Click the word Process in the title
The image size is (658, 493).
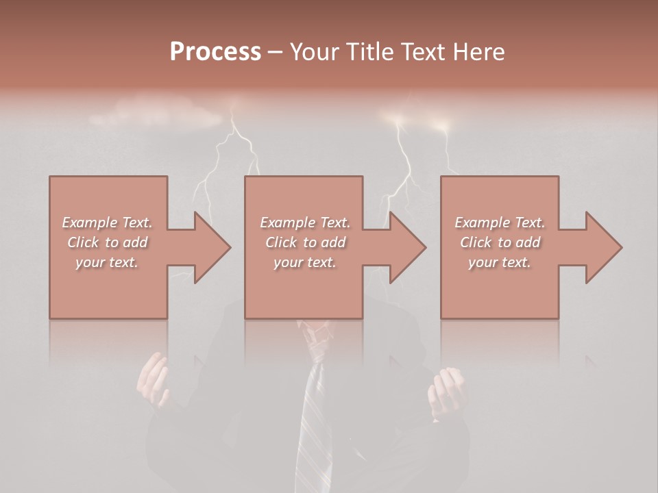[x=215, y=52]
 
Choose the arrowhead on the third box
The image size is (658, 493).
[x=603, y=247]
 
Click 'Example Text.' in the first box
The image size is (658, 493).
[x=107, y=223]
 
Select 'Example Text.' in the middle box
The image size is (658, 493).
[x=304, y=223]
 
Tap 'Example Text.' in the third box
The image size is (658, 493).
[x=500, y=223]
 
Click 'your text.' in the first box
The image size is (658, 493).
[x=107, y=262]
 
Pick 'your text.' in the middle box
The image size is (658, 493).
[x=304, y=262]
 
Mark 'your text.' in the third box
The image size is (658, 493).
[x=500, y=262]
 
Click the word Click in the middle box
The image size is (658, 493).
[x=282, y=242]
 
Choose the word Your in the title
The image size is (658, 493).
[x=313, y=52]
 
